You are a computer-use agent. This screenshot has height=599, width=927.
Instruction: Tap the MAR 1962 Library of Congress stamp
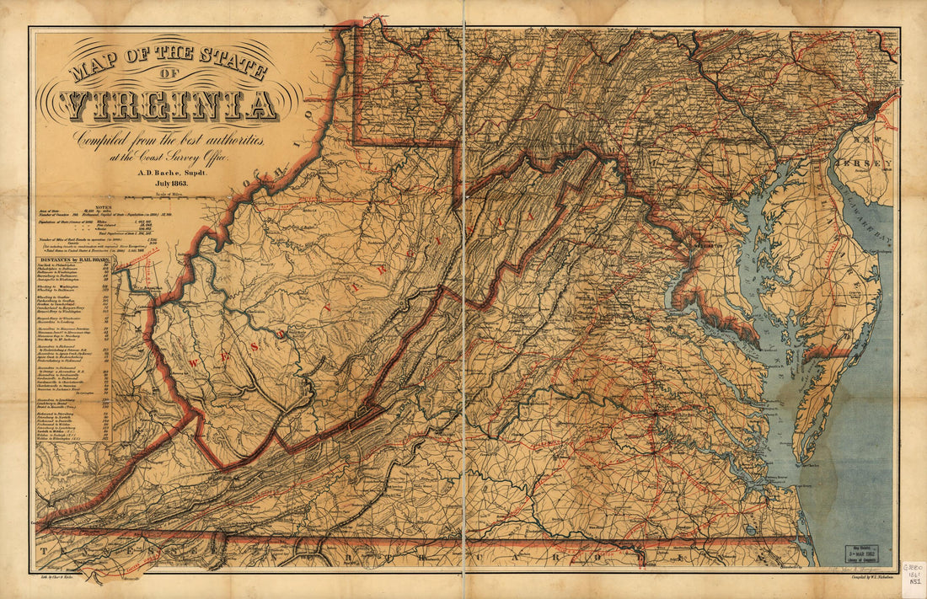tap(868, 552)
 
